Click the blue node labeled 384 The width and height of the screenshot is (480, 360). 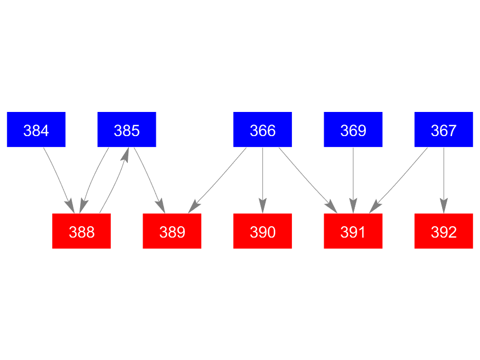pyautogui.click(x=36, y=130)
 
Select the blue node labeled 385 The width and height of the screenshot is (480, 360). pyautogui.click(x=127, y=130)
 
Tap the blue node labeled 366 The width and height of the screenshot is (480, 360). pyautogui.click(x=262, y=130)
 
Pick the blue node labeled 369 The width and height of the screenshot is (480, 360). pyautogui.click(x=353, y=130)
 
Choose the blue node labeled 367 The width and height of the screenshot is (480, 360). pyautogui.click(x=443, y=130)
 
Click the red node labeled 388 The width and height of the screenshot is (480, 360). pyautogui.click(x=81, y=232)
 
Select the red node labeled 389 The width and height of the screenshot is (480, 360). pyautogui.click(x=172, y=232)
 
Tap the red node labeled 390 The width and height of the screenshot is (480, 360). pyautogui.click(x=262, y=232)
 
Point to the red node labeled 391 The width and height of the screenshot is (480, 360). pyautogui.click(x=353, y=232)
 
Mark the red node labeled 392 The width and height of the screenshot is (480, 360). pyautogui.click(x=443, y=232)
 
